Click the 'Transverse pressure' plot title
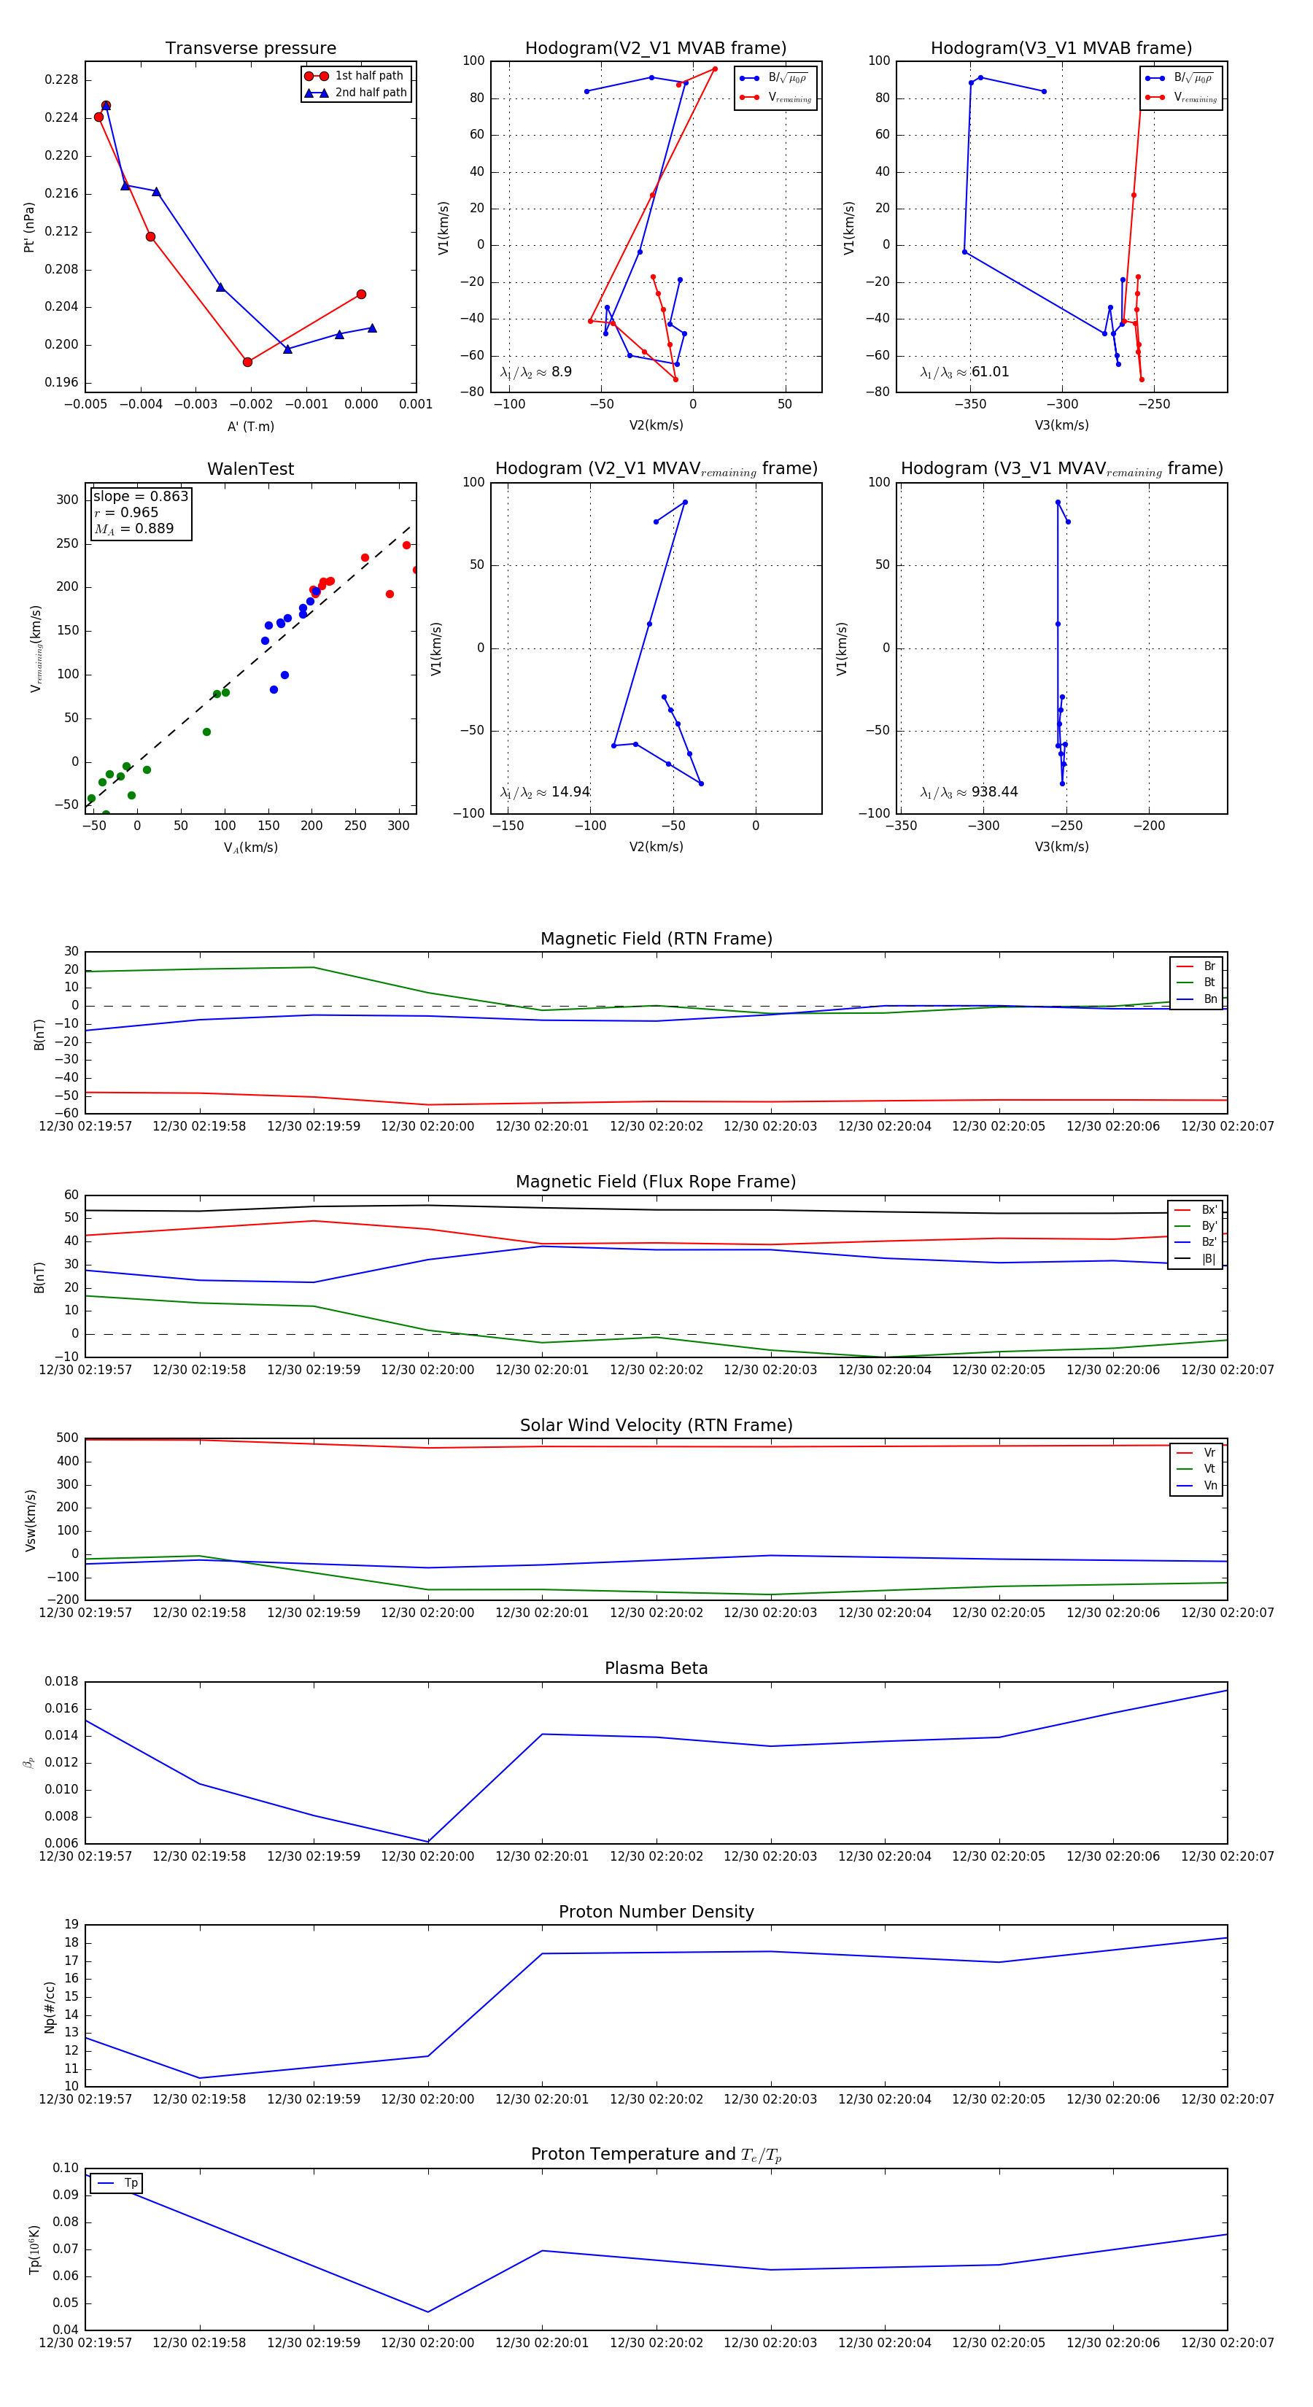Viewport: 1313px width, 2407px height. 250,49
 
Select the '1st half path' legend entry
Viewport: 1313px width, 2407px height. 368,76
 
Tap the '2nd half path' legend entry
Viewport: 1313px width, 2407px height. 370,93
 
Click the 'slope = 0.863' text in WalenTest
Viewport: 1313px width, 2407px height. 140,496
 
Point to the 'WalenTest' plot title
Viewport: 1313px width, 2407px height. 250,469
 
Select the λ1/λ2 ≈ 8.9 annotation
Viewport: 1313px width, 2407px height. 535,372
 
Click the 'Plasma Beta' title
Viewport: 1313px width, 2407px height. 656,1668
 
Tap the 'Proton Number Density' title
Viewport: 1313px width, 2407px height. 656,1912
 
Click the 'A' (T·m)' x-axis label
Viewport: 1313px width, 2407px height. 250,426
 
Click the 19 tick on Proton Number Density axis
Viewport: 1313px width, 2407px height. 72,1925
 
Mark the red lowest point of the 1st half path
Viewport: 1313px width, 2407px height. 248,362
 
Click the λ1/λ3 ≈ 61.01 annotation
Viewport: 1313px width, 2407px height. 964,372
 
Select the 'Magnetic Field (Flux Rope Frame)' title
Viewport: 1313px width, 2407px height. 656,1182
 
